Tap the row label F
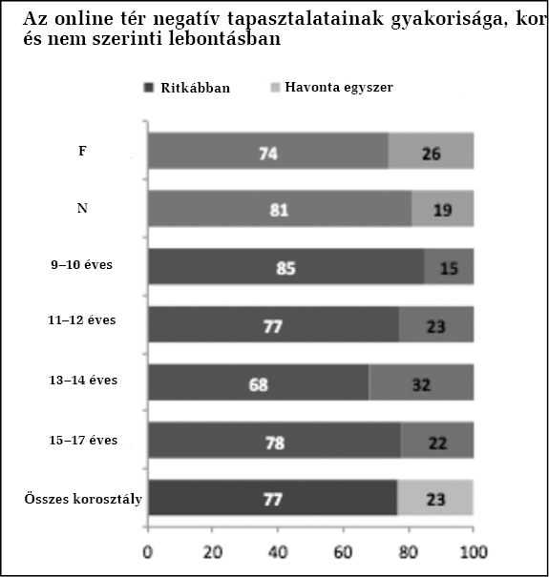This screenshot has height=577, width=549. pyautogui.click(x=82, y=151)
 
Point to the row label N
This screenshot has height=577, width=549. pyautogui.click(x=82, y=208)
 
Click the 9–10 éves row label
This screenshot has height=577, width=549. pyautogui.click(x=81, y=264)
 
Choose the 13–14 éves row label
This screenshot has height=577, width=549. pyautogui.click(x=83, y=380)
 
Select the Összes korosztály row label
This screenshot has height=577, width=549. pyautogui.click(x=83, y=499)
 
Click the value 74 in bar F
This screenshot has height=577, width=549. pyautogui.click(x=268, y=154)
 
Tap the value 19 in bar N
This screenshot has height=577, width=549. pyautogui.click(x=442, y=210)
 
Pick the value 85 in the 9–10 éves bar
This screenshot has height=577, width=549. pyautogui.click(x=285, y=268)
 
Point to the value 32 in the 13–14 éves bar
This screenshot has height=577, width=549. pyautogui.click(x=421, y=385)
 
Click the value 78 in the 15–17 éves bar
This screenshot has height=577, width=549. pyautogui.click(x=275, y=443)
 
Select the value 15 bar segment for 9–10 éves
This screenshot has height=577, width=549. pyautogui.click(x=449, y=266)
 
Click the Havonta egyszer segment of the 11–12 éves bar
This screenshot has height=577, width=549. pyautogui.click(x=436, y=324)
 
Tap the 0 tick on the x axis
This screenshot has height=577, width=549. pyautogui.click(x=147, y=552)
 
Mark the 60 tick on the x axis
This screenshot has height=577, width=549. pyautogui.click(x=343, y=552)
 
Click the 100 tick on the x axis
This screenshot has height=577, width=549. pyautogui.click(x=474, y=552)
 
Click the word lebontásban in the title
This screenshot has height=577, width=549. pyautogui.click(x=224, y=39)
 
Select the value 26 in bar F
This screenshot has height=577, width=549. pyautogui.click(x=432, y=154)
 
